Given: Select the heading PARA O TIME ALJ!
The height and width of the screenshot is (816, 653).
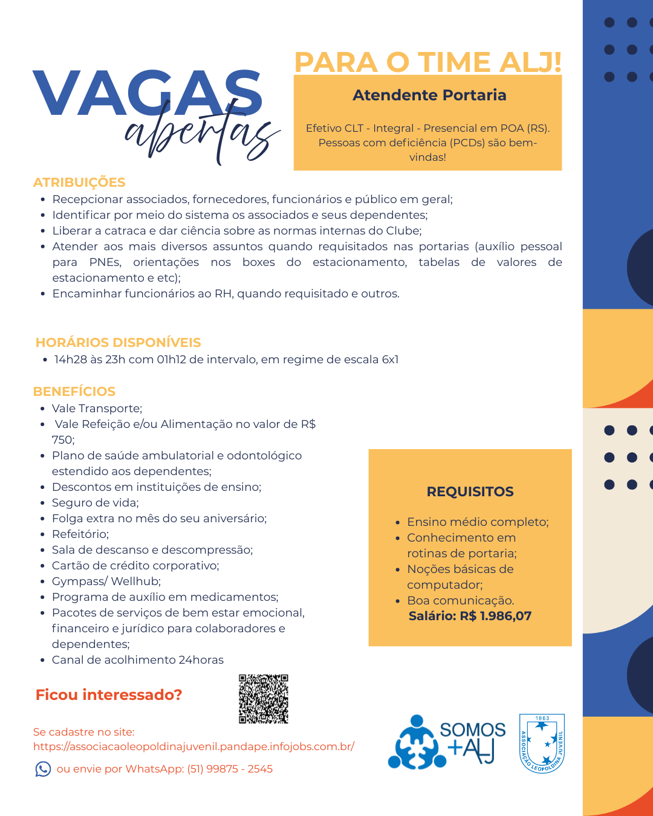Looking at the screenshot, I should [x=427, y=62].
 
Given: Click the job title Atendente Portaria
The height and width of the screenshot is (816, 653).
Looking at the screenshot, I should [x=429, y=96].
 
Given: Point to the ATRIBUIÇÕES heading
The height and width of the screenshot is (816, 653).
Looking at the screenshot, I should [x=79, y=183].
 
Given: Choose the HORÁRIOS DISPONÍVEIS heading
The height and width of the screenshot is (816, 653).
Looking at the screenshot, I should [x=119, y=343].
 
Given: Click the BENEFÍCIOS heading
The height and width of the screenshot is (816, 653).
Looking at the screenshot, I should [x=74, y=392].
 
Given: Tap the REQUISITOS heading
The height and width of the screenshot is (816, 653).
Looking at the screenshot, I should [x=470, y=492].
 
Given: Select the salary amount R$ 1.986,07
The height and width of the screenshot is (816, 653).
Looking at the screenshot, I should [x=495, y=617].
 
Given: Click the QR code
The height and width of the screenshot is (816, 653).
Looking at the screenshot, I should [x=264, y=699].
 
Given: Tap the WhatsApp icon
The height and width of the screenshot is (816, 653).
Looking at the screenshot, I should [x=43, y=769].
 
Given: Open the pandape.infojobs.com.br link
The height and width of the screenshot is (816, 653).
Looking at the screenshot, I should [x=193, y=746].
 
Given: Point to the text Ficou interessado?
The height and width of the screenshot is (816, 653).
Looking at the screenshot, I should [x=109, y=695].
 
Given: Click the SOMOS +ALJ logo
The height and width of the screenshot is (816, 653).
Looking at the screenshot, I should [x=447, y=742].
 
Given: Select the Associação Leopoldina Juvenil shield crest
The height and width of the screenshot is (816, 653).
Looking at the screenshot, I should [x=542, y=743].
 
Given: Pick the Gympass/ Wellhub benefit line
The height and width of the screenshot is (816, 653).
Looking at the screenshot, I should [x=106, y=581].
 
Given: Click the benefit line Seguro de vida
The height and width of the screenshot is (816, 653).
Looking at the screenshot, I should [x=96, y=503].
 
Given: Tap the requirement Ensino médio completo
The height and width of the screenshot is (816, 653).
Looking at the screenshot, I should [x=478, y=522].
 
